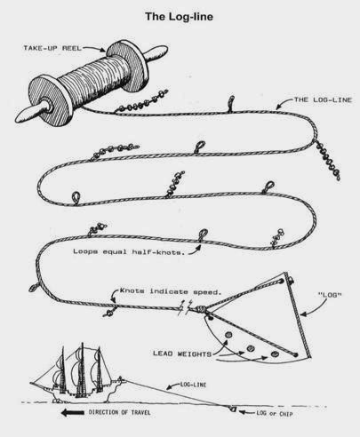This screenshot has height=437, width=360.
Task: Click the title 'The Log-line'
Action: pos(180,15)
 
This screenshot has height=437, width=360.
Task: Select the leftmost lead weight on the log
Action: pos(228,337)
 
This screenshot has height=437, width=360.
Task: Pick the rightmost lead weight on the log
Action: pos(270,353)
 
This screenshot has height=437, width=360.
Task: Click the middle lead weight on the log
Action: pos(250,346)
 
